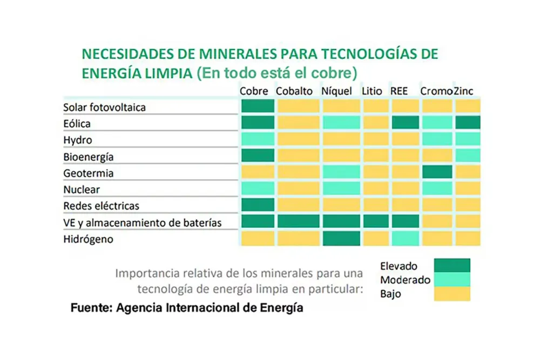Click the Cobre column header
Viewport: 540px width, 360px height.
[x=254, y=91]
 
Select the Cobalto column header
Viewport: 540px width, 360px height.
[x=294, y=91]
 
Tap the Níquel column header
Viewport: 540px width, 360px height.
[x=336, y=91]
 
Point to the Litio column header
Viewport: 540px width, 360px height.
[x=373, y=91]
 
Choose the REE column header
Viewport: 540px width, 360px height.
[x=399, y=91]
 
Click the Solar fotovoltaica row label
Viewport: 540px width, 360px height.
[x=104, y=107]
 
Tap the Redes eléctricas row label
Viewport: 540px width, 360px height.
[x=101, y=206]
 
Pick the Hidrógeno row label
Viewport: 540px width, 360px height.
[x=89, y=239]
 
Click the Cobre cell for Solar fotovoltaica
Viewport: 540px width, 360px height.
[x=258, y=106]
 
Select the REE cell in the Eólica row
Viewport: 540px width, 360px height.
[x=405, y=123]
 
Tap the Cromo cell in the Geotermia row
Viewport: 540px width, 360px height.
[x=437, y=172]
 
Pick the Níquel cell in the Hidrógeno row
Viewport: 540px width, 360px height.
[x=341, y=238]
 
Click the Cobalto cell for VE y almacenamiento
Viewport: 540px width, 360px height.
[x=298, y=221]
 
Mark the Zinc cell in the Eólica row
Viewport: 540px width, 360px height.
[x=467, y=123]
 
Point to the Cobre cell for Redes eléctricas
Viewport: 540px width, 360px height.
[x=258, y=205]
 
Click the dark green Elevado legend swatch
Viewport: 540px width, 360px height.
[x=452, y=266]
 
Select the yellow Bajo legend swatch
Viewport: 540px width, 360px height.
[x=452, y=294]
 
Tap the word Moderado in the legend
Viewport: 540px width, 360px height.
[x=405, y=280]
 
